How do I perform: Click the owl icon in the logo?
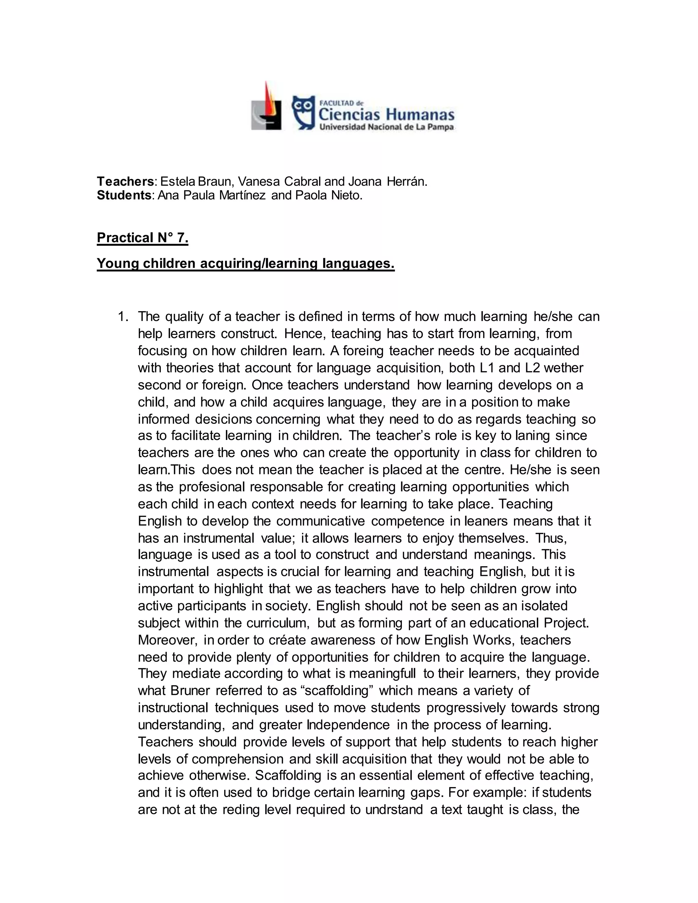point(304,112)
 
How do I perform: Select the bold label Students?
point(124,195)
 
